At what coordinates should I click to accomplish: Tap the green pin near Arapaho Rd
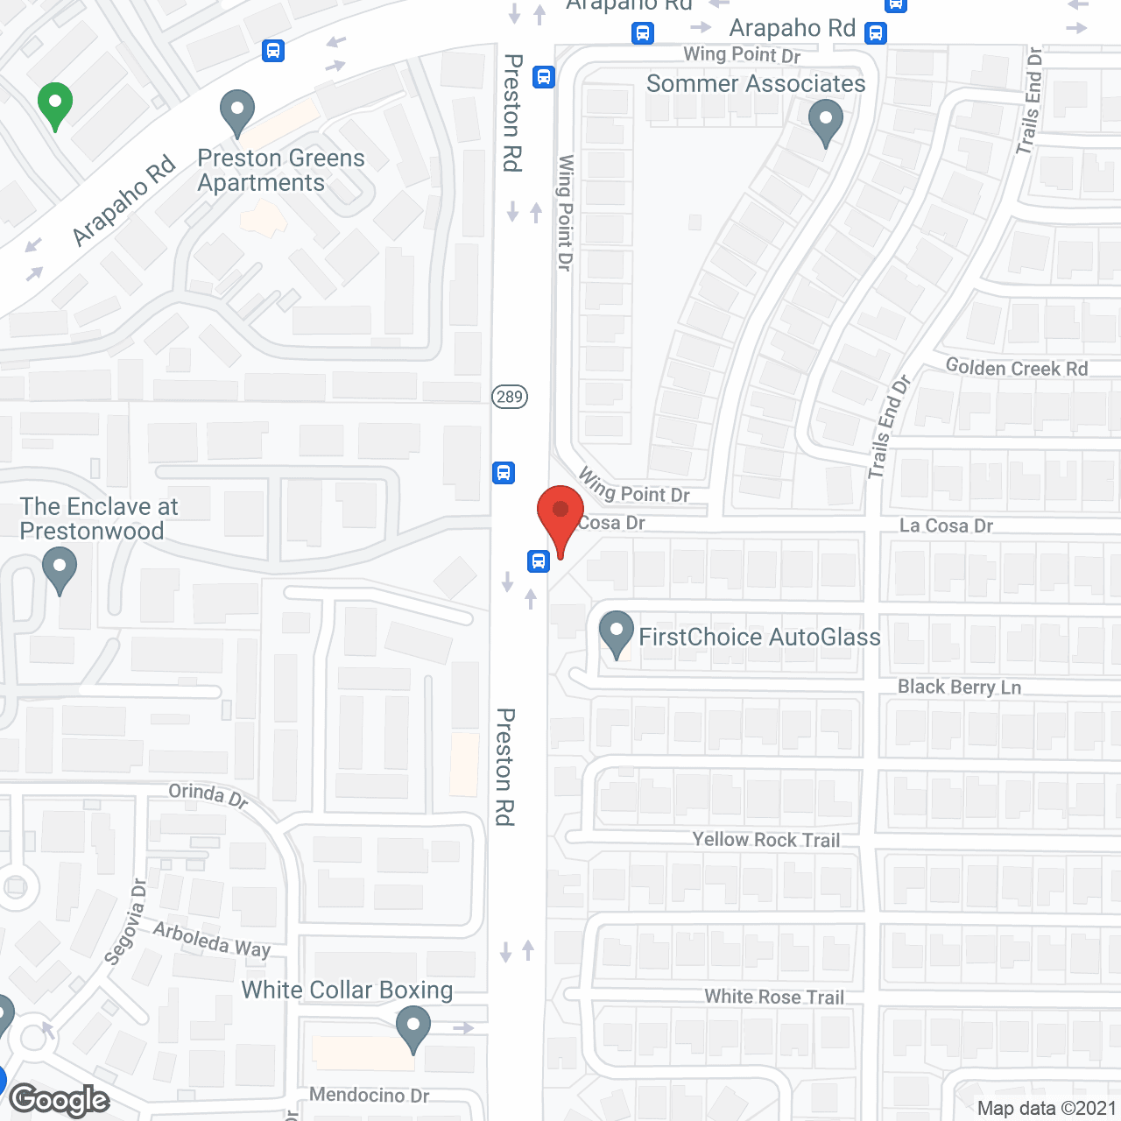click(x=55, y=104)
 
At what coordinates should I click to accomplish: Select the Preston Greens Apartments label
click(x=280, y=170)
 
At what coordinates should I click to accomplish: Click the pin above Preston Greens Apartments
click(x=236, y=111)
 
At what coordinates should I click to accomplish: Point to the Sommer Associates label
click(x=756, y=83)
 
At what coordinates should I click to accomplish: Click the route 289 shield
click(x=509, y=397)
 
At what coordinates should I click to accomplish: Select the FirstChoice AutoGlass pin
click(x=617, y=632)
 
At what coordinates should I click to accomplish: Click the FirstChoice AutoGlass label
click(x=759, y=637)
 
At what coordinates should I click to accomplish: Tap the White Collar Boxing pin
click(x=412, y=1027)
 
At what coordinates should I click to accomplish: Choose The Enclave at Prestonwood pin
click(x=60, y=568)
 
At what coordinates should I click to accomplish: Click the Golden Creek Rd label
click(x=1017, y=368)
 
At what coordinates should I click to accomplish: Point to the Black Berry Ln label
click(x=959, y=687)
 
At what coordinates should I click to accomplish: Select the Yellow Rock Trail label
click(x=765, y=839)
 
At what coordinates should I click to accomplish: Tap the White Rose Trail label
click(x=774, y=997)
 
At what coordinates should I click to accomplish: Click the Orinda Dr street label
click(x=208, y=795)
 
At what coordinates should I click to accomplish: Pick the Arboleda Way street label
click(x=212, y=940)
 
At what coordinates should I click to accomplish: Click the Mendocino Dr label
click(x=369, y=1095)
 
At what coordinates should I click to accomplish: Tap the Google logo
click(x=60, y=1100)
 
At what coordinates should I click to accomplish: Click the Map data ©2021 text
click(x=1047, y=1108)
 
